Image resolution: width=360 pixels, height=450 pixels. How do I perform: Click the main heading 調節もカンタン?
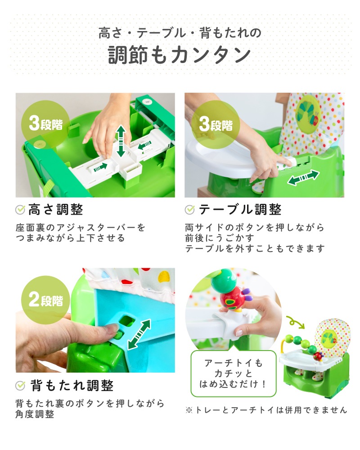pyautogui.click(x=180, y=54)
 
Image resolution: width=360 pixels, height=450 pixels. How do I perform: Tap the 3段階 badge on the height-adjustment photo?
pyautogui.click(x=45, y=124)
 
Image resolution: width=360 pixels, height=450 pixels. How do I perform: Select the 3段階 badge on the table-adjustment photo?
pyautogui.click(x=216, y=125)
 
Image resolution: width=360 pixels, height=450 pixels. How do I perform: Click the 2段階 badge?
pyautogui.click(x=45, y=300)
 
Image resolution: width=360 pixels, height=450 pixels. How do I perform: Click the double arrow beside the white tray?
pyautogui.click(x=303, y=178)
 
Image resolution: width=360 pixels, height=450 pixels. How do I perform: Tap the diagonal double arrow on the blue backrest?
pyautogui.click(x=139, y=335)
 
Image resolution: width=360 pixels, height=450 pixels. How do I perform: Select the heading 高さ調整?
pyautogui.click(x=56, y=210)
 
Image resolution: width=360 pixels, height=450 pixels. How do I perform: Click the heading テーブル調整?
pyautogui.click(x=240, y=210)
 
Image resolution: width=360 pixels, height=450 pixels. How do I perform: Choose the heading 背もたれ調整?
pyautogui.click(x=72, y=386)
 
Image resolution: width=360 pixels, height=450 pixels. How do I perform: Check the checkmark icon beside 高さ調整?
pyautogui.click(x=20, y=210)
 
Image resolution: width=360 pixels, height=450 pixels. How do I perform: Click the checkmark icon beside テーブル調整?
pyautogui.click(x=190, y=210)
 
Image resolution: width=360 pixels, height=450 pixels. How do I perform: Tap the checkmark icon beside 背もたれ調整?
pyautogui.click(x=20, y=386)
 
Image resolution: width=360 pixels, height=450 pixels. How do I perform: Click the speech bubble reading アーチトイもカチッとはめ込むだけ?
pyautogui.click(x=234, y=373)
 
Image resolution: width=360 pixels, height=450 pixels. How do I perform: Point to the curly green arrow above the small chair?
pyautogui.click(x=295, y=322)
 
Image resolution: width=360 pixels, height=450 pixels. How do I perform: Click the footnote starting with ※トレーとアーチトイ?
pyautogui.click(x=266, y=410)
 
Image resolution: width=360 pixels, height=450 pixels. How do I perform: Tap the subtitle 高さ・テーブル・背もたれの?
pyautogui.click(x=180, y=32)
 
